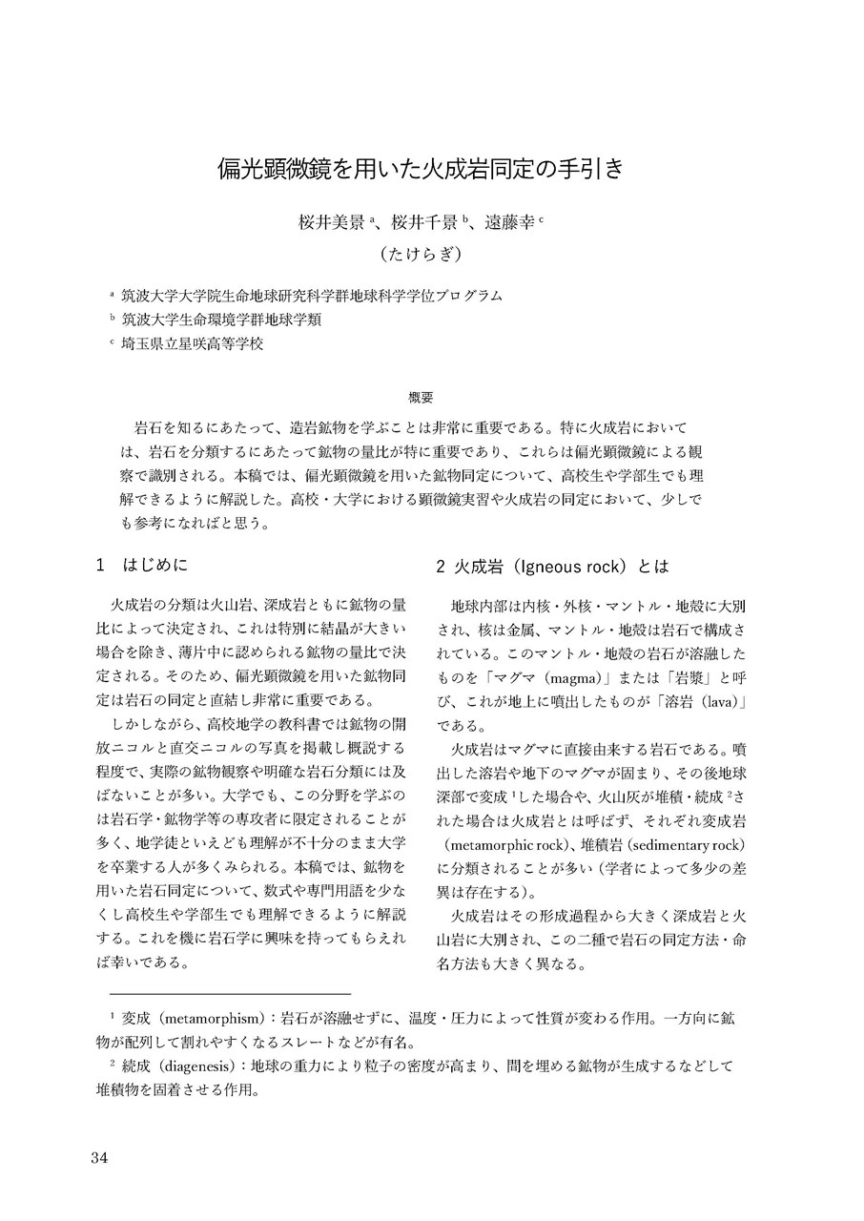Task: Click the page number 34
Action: pos(100,1158)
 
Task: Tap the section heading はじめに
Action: pos(161,566)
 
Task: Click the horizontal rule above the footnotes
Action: pos(230,993)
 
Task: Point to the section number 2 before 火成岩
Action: pos(441,566)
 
